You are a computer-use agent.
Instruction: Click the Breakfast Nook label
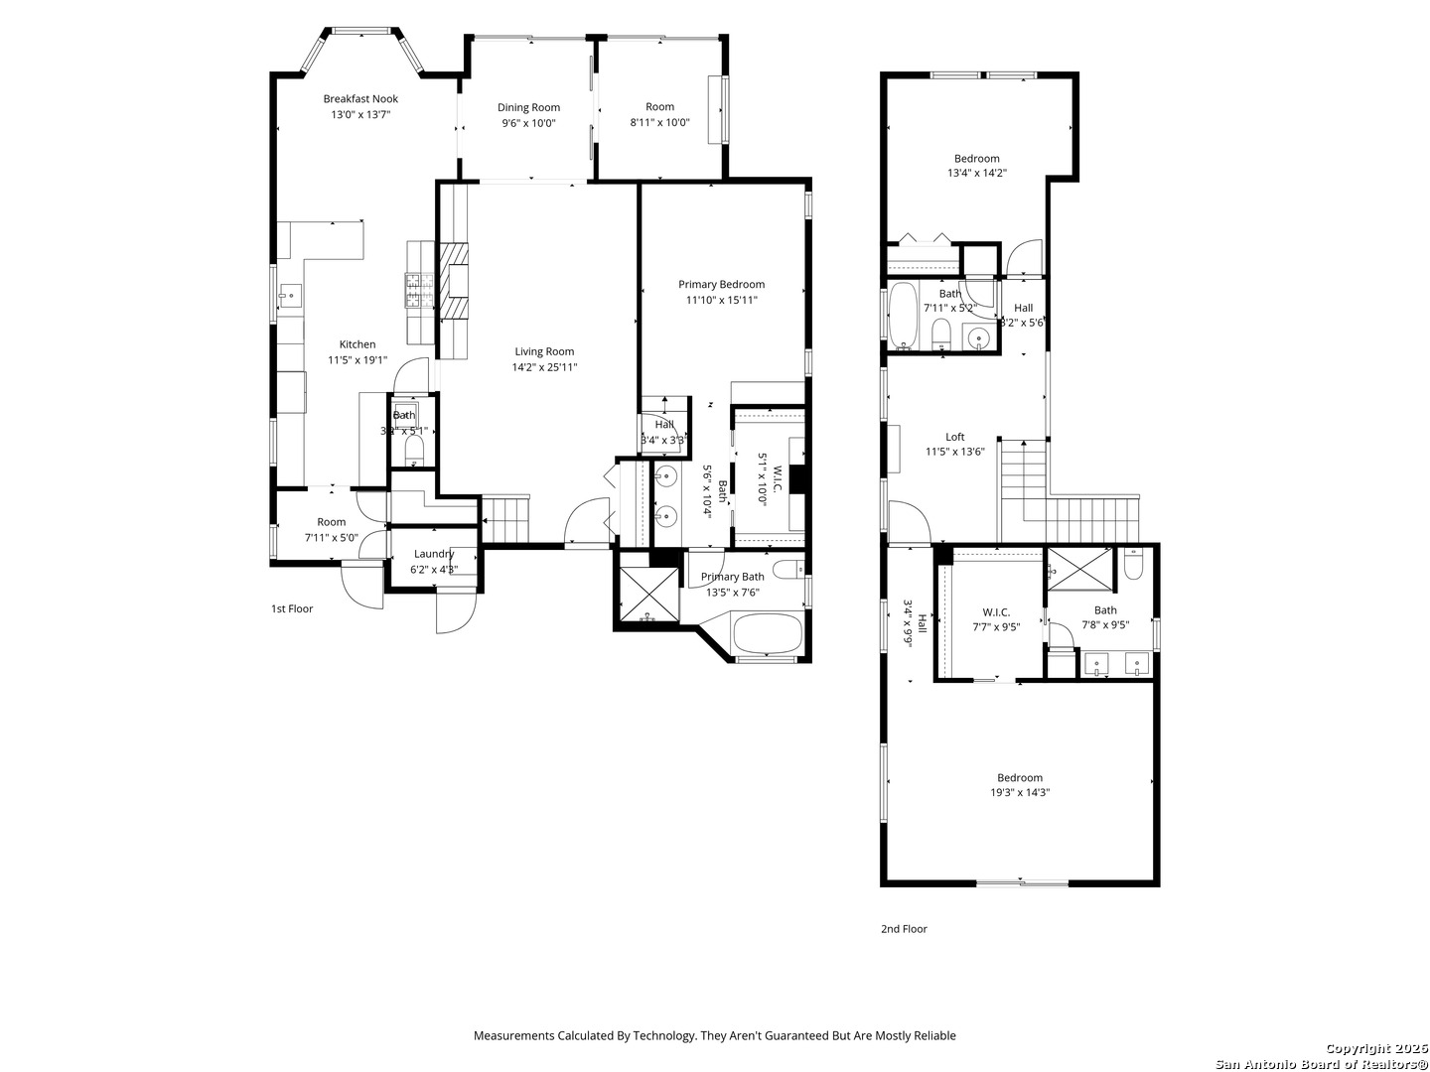tap(360, 98)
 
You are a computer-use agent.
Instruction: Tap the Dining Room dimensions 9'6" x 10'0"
tap(528, 124)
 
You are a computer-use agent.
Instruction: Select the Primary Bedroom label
tap(721, 285)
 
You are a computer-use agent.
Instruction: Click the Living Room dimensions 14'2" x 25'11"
tap(544, 367)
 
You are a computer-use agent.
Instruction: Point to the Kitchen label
tap(357, 344)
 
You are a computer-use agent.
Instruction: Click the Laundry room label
tap(434, 554)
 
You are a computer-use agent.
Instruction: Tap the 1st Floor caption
tap(292, 608)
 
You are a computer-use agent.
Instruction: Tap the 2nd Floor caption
tap(904, 929)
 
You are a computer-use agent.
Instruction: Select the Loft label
tap(954, 437)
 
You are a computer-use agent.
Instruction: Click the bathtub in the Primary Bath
tap(766, 634)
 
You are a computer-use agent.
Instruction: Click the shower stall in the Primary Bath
tap(648, 597)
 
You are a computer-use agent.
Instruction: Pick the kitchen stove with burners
tap(415, 290)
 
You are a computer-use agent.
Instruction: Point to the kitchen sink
tap(291, 295)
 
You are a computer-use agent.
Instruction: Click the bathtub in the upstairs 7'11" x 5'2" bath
tap(903, 316)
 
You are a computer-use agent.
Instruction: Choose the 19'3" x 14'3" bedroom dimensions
tap(1020, 793)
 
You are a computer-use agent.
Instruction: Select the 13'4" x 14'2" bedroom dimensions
tap(977, 173)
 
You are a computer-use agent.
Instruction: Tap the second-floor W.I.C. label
tap(996, 612)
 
